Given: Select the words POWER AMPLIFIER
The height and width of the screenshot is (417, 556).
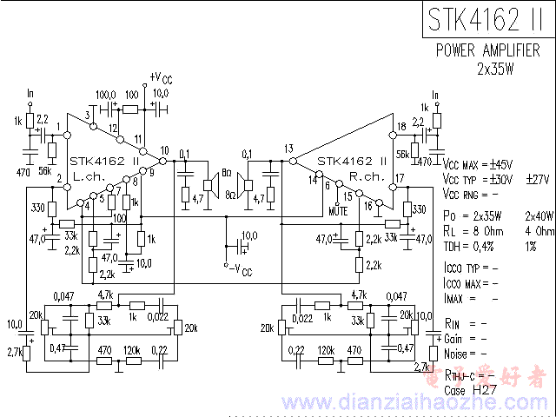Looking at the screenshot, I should tap(493, 51).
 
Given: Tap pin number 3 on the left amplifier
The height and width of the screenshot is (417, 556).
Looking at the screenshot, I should tap(88, 116).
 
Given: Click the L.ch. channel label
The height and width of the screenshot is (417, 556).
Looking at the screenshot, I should tap(89, 175).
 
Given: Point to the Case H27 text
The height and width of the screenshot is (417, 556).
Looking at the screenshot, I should tap(473, 390).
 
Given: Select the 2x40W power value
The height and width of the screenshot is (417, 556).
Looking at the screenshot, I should tap(539, 215).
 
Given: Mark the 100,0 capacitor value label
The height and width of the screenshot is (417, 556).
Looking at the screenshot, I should tap(106, 94).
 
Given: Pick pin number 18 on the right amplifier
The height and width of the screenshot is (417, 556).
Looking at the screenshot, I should tap(400, 127).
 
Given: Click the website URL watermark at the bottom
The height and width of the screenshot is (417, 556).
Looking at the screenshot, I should tap(364, 403).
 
